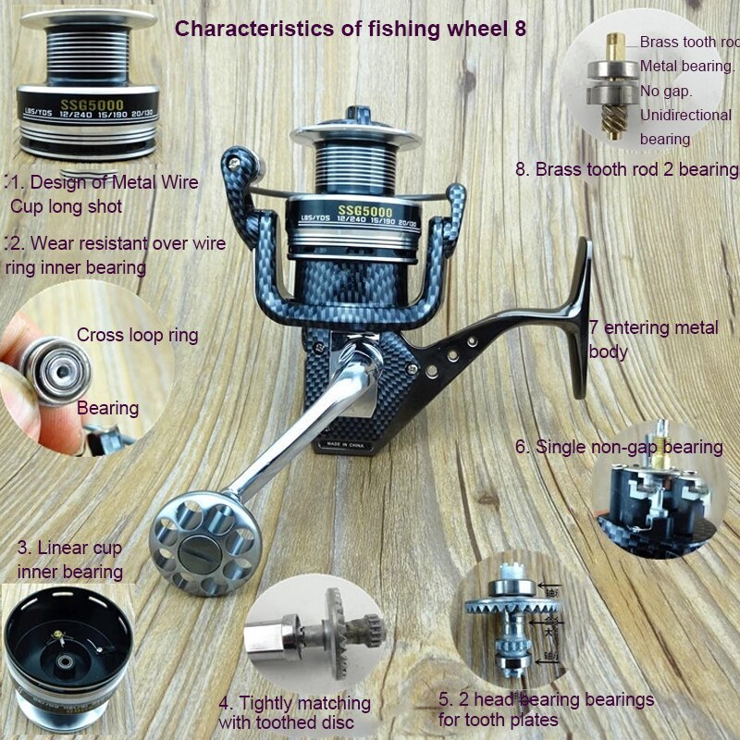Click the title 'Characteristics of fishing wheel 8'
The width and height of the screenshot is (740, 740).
coord(351,28)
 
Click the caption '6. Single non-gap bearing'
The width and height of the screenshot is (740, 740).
coord(619,447)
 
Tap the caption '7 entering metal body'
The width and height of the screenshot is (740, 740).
coord(653,339)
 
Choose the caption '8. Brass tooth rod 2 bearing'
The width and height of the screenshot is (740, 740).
coord(627,169)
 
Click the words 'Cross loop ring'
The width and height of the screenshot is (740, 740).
coord(137,335)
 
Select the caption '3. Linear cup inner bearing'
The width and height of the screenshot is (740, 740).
coord(69,560)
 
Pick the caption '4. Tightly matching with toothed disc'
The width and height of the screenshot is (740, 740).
coord(294,712)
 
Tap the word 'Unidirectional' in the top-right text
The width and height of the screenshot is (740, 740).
coord(685,115)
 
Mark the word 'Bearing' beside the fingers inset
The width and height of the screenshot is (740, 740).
coord(107,407)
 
